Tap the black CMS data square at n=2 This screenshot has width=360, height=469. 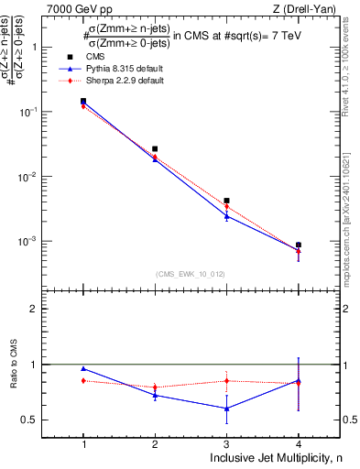[155, 148]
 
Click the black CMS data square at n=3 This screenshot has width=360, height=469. [226, 201]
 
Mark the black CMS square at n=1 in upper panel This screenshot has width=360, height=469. [83, 102]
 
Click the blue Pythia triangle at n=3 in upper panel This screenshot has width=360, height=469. [226, 215]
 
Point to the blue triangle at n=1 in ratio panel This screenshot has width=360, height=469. [83, 368]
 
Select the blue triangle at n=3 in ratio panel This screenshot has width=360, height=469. [226, 409]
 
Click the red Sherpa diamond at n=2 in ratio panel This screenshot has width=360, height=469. [155, 387]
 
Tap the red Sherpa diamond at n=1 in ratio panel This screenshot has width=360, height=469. [83, 380]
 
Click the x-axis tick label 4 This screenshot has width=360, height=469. [298, 442]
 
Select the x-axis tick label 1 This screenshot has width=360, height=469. [83, 442]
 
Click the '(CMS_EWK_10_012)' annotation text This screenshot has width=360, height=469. [191, 274]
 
